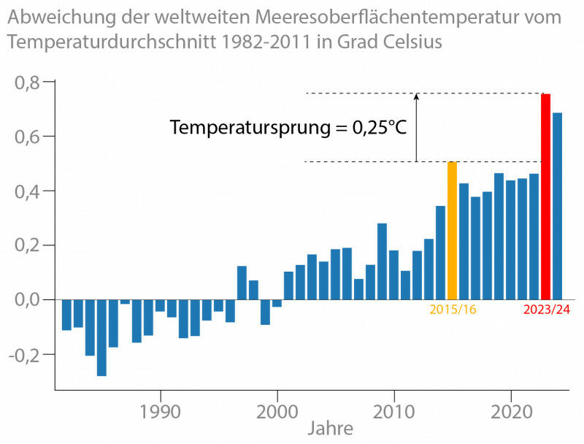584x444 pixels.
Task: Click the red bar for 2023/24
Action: point(545,197)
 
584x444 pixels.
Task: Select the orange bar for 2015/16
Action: point(452,231)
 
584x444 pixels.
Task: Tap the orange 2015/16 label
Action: point(453,310)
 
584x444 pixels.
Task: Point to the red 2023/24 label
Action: point(546,310)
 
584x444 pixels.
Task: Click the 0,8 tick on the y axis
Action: point(28,83)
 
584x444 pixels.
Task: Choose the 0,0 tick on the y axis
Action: point(28,300)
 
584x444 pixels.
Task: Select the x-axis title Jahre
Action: point(329,428)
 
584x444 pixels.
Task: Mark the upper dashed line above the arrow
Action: point(365,93)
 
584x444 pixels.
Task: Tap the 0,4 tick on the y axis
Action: point(28,191)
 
